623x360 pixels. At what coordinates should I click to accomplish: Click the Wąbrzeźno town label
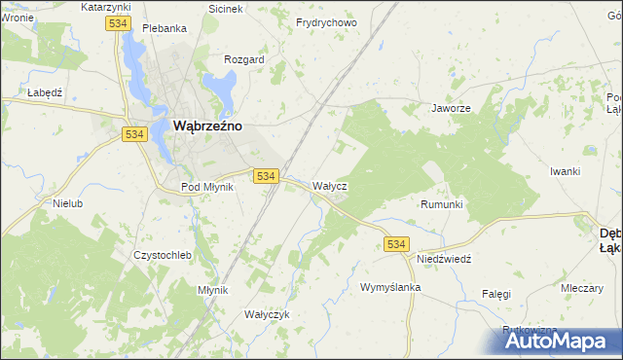point(207,126)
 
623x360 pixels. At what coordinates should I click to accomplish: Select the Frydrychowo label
point(326,22)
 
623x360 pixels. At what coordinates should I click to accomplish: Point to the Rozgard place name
point(243,59)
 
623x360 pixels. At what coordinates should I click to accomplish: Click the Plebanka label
point(164,28)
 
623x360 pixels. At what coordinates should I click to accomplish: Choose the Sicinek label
point(226,8)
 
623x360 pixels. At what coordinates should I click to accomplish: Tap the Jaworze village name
point(451,109)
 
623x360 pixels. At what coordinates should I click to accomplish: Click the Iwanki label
point(565,171)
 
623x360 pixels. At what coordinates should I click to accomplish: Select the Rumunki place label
point(441,204)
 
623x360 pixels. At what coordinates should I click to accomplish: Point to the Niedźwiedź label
point(444,260)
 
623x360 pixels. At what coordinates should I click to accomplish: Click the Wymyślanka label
point(389,288)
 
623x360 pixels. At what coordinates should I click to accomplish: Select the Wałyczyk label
point(267,314)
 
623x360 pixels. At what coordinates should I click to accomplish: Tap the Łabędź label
point(45,92)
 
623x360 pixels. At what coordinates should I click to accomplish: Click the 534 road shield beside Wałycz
point(267,176)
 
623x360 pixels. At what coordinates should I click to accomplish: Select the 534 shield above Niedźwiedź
point(395,243)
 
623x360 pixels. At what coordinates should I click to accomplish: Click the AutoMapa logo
point(552,341)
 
